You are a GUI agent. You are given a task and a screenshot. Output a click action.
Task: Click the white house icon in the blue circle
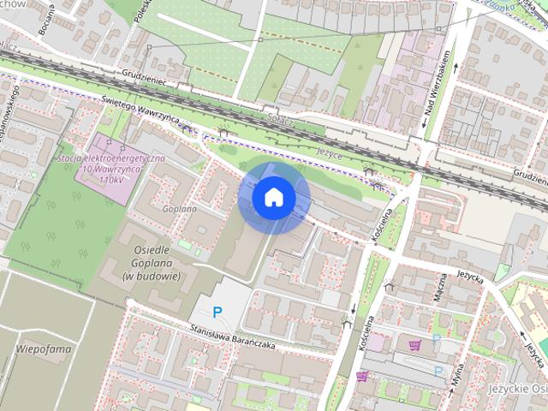pyautogui.click(x=273, y=198)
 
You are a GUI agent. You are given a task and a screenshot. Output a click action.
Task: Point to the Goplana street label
pyautogui.click(x=180, y=208)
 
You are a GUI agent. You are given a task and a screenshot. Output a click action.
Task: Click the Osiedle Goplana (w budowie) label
pyautogui.click(x=151, y=262)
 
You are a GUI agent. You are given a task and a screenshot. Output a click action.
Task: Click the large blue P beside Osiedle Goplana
pyautogui.click(x=217, y=313)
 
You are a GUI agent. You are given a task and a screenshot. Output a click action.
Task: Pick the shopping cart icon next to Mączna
pyautogui.click(x=414, y=345)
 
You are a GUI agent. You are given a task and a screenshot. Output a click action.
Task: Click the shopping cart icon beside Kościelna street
pyautogui.click(x=361, y=376)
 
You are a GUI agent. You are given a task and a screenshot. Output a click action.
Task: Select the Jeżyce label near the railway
pyautogui.click(x=329, y=151)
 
